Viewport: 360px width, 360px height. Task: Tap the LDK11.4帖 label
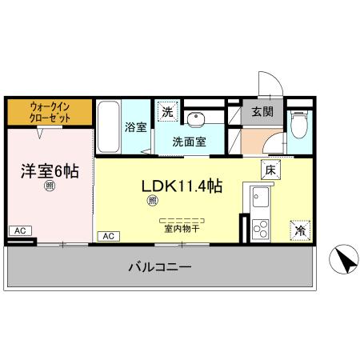(x=182, y=186)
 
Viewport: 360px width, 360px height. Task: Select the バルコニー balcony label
(x=160, y=266)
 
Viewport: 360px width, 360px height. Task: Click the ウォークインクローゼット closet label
(x=50, y=111)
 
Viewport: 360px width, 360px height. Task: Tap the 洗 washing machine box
(x=167, y=112)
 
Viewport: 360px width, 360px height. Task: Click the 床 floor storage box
(x=270, y=170)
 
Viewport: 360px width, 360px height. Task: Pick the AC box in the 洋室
(x=20, y=230)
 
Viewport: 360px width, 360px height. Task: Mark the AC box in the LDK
(x=109, y=236)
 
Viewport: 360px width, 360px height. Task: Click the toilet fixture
(x=299, y=125)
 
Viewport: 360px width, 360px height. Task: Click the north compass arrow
(x=344, y=258)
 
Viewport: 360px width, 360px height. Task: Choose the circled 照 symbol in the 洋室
(x=49, y=187)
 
